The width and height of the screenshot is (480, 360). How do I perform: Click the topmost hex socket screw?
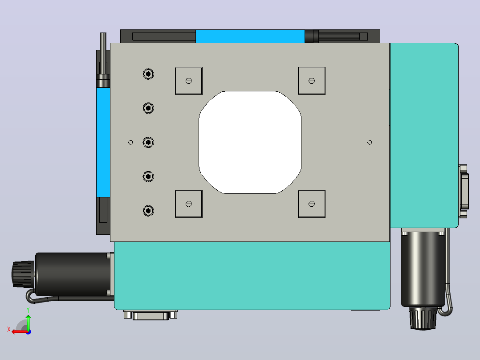click(x=148, y=74)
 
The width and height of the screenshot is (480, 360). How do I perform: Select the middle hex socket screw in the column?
click(x=148, y=143)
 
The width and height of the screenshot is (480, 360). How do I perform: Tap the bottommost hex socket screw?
click(x=148, y=211)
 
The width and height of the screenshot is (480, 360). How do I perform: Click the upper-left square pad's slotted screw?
click(x=189, y=81)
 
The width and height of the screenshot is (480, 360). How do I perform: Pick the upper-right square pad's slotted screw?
click(x=312, y=81)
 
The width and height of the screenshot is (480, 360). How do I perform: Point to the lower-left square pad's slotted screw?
click(x=189, y=204)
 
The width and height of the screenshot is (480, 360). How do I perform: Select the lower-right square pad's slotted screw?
click(x=312, y=204)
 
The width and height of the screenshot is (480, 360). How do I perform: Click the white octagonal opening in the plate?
click(x=250, y=142)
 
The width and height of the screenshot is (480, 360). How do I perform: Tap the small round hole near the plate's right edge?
click(x=370, y=143)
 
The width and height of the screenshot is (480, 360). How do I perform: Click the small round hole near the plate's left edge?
click(x=130, y=143)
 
